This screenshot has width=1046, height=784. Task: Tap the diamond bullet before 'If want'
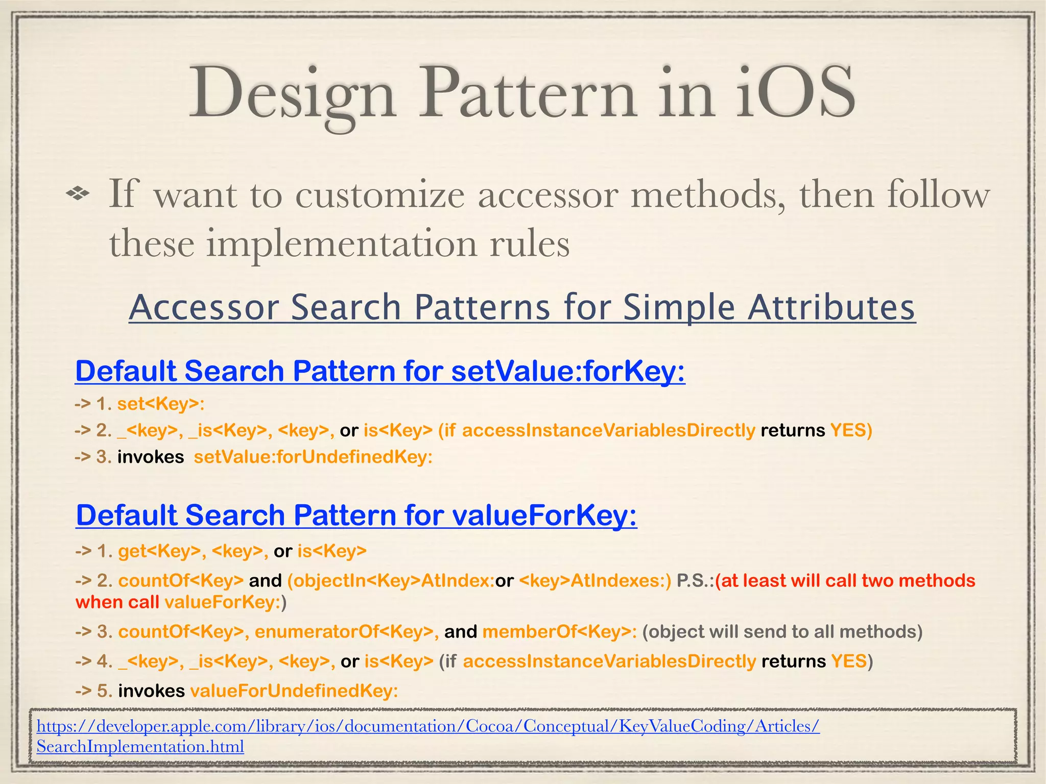point(78,193)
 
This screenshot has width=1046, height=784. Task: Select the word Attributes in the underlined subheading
point(831,308)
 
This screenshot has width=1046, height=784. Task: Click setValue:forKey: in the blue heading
point(568,371)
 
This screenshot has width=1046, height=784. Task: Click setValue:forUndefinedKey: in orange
point(313,457)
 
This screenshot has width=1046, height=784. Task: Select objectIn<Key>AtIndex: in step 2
point(391,581)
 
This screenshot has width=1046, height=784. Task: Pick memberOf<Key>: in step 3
point(559,632)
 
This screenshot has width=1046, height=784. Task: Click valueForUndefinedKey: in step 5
point(294,691)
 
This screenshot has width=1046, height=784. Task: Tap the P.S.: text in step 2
point(695,581)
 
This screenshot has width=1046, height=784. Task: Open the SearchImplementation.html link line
point(140,747)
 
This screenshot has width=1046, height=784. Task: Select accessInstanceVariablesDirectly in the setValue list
point(608,431)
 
